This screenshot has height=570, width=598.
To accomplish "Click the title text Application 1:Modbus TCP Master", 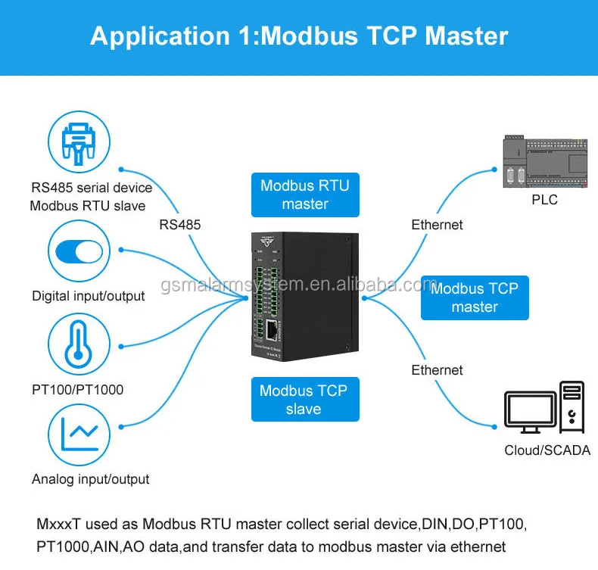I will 299,36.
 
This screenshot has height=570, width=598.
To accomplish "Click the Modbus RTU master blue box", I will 305,195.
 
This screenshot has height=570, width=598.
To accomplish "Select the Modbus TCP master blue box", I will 475,297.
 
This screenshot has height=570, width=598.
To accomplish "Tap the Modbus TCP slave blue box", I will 304,400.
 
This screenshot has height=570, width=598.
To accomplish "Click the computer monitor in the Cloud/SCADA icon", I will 530,413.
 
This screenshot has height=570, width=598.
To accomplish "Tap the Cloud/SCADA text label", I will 546,450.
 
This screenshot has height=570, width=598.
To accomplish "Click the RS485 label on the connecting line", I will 180,224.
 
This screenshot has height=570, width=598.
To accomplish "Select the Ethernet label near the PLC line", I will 437,224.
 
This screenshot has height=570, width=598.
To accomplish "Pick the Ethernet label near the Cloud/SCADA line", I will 437,369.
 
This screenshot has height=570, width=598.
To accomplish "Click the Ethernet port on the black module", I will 273,330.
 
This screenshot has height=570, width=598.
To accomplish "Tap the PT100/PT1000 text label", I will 77,390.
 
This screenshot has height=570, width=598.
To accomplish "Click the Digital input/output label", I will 88,296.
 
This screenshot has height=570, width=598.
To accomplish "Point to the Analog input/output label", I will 90,479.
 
